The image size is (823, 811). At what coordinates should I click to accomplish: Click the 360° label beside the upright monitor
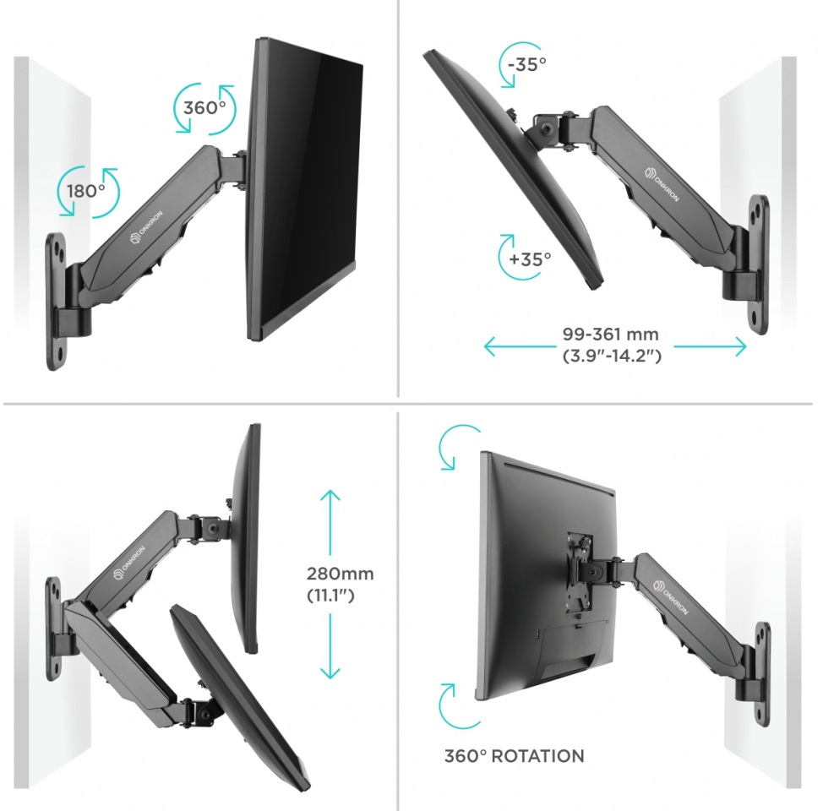click(x=204, y=108)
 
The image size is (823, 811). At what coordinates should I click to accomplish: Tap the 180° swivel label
click(x=85, y=191)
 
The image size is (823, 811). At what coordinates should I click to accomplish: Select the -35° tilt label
click(x=527, y=64)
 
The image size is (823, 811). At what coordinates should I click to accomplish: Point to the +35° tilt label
click(x=530, y=259)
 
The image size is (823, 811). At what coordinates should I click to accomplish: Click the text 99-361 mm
click(x=610, y=334)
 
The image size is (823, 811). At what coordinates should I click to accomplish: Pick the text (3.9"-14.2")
click(x=612, y=356)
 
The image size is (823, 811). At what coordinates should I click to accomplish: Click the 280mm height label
click(x=341, y=574)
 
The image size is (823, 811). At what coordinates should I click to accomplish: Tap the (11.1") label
click(x=330, y=596)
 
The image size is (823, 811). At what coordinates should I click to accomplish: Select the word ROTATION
click(x=538, y=756)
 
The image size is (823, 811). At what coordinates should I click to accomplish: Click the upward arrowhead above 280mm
click(x=330, y=496)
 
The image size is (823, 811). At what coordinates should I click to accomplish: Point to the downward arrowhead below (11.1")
click(x=330, y=673)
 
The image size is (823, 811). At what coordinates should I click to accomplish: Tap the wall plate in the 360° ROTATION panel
click(x=762, y=674)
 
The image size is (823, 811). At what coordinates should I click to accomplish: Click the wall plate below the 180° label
click(x=57, y=301)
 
